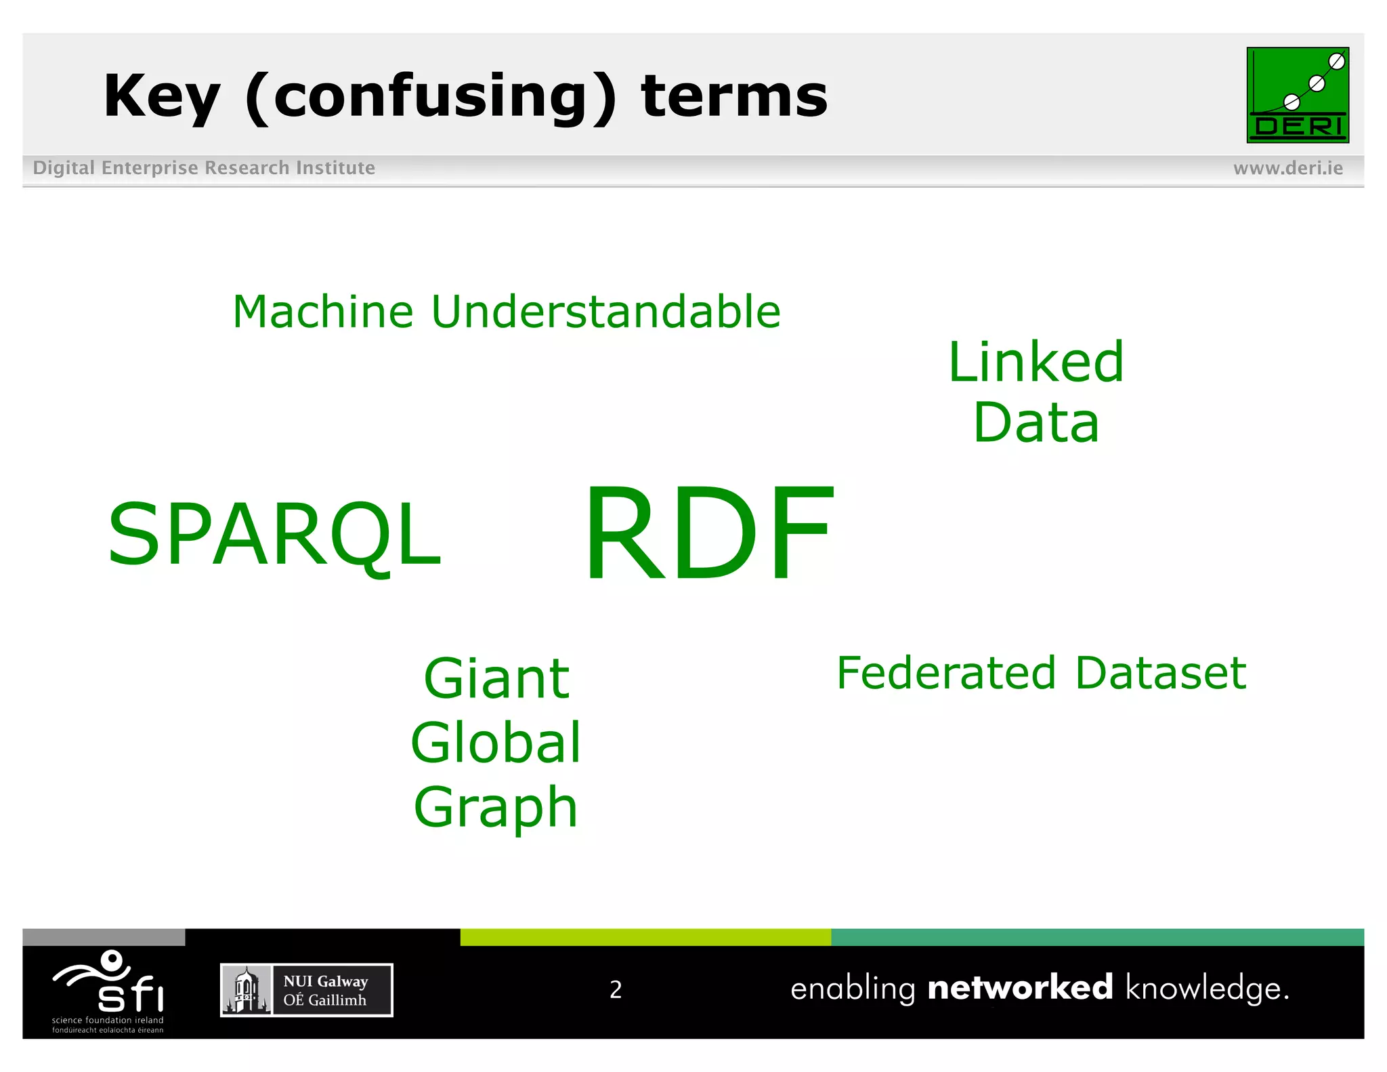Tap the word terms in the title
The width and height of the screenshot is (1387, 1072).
734,97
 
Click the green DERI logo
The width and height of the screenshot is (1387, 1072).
1297,95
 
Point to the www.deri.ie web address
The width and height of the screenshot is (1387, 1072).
1287,168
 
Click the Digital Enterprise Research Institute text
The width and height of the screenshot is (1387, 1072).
204,167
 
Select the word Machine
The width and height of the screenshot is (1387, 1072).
322,312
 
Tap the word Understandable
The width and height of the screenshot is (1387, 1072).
605,312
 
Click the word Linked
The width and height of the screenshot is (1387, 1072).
1036,363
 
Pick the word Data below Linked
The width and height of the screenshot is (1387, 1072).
1036,423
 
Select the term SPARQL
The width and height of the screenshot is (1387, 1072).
274,535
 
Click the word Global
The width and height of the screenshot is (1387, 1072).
496,743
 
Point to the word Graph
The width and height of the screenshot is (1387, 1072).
496,807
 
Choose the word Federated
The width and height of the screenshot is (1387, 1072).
946,673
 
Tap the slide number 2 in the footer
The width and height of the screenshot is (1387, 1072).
615,989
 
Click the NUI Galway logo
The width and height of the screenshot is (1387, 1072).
306,990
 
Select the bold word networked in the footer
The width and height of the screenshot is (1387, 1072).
1019,987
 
